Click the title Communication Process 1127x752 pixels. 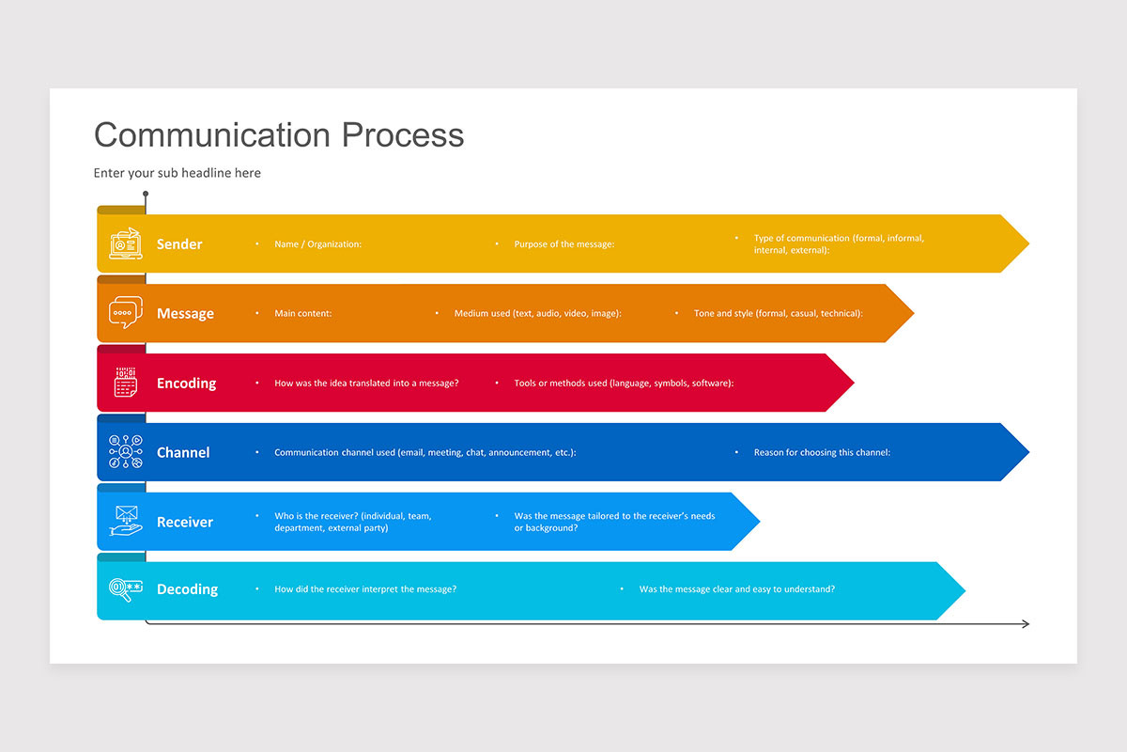(x=279, y=134)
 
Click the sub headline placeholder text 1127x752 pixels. (x=178, y=173)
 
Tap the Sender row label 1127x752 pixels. (x=179, y=244)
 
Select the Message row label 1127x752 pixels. (x=185, y=314)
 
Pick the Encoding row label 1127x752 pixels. (x=186, y=384)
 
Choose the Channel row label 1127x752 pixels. (x=183, y=453)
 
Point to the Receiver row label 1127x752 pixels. (x=185, y=523)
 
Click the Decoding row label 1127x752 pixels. (x=187, y=589)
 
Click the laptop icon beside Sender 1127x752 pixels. (x=126, y=243)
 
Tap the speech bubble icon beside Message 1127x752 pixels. (x=126, y=312)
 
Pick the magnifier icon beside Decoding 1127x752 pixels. (x=126, y=588)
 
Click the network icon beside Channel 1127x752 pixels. (x=126, y=452)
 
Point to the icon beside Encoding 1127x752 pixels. (x=126, y=382)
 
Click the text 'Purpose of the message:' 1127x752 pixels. (x=563, y=244)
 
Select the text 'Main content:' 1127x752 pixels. (x=302, y=314)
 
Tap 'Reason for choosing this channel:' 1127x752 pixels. (x=822, y=453)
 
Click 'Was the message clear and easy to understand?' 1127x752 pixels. (x=736, y=589)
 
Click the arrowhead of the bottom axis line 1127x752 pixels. (x=1026, y=624)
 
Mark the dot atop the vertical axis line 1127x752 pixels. (x=146, y=195)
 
